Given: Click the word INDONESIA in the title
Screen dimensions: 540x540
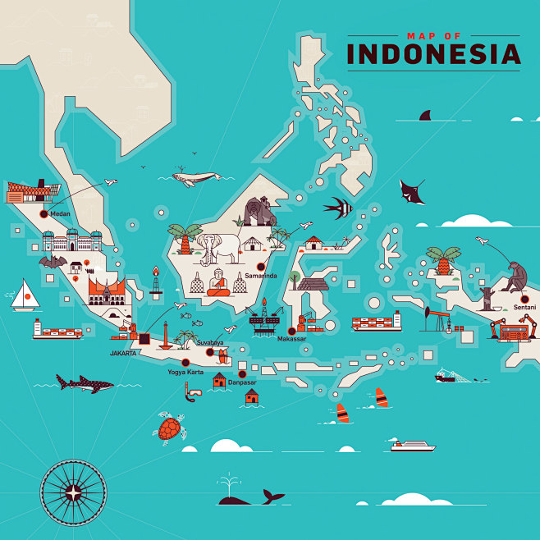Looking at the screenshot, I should tap(433, 54).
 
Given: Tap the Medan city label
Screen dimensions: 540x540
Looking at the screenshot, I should tap(61, 214).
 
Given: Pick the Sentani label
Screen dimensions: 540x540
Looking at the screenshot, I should tap(524, 307).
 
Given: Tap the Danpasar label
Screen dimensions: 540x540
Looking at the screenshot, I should tap(242, 382).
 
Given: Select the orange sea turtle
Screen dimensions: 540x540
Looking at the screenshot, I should tap(171, 428).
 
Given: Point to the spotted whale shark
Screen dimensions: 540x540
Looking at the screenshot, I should tap(84, 382).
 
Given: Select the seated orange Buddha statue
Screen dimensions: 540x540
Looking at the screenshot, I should tap(217, 282).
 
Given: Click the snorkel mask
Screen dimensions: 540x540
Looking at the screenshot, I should tap(192, 396).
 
